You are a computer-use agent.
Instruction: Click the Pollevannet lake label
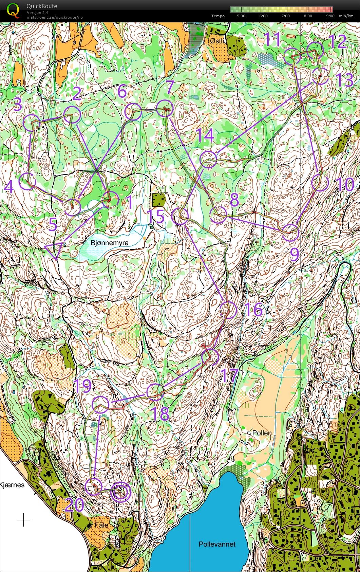[x=217, y=544]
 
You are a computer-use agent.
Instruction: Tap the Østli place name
[x=217, y=41]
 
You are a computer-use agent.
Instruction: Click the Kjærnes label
[x=12, y=485]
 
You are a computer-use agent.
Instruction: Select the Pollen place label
[x=262, y=433]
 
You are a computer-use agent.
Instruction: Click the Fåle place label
[x=102, y=525]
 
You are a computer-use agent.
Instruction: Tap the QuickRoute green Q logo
[x=13, y=10]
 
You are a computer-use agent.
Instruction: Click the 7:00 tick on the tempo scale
[x=286, y=16]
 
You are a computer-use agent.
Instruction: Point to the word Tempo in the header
[x=218, y=16]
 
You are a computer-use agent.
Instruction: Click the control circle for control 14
[x=208, y=160]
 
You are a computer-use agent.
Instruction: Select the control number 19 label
[x=82, y=386]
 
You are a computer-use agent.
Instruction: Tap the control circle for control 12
[x=315, y=51]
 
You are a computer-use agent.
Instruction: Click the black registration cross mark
[x=23, y=520]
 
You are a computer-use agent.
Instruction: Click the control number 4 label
[x=9, y=187]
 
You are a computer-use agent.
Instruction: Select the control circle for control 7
[x=165, y=109]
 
